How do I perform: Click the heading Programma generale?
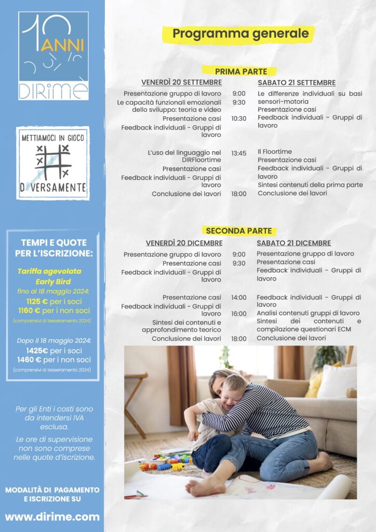click(x=240, y=34)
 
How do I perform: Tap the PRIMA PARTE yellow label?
click(x=240, y=71)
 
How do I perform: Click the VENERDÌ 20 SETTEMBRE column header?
click(x=181, y=83)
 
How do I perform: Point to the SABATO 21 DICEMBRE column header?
click(x=293, y=243)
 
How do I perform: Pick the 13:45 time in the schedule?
click(x=239, y=153)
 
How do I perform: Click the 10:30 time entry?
click(x=239, y=118)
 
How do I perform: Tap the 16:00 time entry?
click(x=239, y=314)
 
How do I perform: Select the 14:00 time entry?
click(x=239, y=298)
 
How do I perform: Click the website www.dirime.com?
click(x=52, y=516)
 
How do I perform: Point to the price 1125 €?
click(x=37, y=301)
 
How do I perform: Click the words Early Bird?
click(x=53, y=282)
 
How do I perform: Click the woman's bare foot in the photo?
click(x=202, y=486)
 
